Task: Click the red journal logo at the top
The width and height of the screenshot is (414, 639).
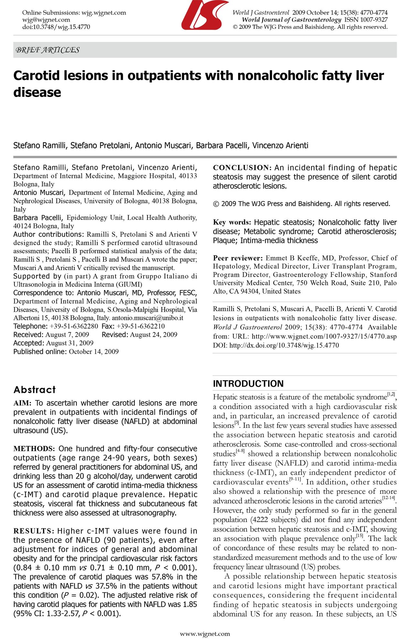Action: point(204,15)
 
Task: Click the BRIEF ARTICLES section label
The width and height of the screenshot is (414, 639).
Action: point(48,50)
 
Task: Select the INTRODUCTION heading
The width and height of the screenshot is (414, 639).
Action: point(248,384)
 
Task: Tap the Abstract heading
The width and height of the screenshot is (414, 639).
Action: point(35,390)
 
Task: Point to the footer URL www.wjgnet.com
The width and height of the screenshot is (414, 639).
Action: point(205,634)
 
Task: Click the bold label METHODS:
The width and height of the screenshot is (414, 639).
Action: point(35,449)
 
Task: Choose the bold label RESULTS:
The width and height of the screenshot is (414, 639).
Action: point(34,531)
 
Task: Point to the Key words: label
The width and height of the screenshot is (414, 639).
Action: point(232,222)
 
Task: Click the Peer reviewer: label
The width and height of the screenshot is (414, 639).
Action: point(238,258)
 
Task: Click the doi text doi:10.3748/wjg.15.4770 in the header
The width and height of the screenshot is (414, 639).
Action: point(56,27)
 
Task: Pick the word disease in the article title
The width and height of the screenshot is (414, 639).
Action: point(37,92)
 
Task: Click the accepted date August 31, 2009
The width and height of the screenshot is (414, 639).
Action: point(70,343)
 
